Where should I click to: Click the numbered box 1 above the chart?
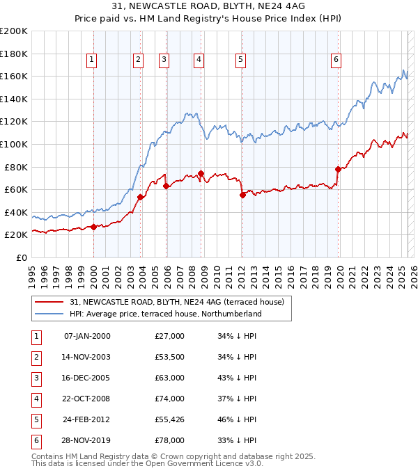(x=92, y=61)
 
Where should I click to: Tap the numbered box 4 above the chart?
(x=199, y=61)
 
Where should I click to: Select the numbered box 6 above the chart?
(x=336, y=61)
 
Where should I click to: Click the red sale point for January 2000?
(x=93, y=227)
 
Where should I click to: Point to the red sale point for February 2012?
(x=242, y=195)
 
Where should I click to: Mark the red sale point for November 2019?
(x=338, y=169)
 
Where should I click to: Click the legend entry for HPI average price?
(x=165, y=314)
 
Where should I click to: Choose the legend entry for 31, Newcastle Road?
(x=177, y=302)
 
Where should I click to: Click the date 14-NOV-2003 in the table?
(x=86, y=357)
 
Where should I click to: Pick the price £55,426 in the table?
(x=169, y=419)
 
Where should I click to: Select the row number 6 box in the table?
(x=36, y=440)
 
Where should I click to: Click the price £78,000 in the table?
(x=169, y=440)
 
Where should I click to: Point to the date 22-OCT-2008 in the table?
(x=86, y=399)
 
